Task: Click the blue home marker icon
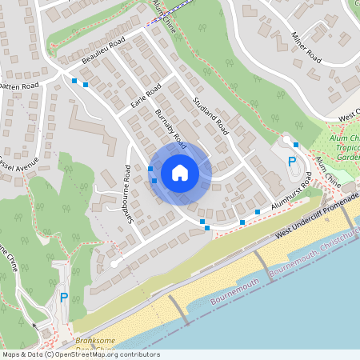[x=180, y=173]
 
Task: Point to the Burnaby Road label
[x=170, y=128]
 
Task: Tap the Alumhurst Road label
[x=290, y=197]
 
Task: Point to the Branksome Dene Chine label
[x=96, y=344]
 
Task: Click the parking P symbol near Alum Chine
[x=292, y=163]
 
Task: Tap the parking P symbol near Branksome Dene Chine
[x=64, y=298]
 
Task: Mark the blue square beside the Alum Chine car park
[x=296, y=144]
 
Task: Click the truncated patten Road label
[x=19, y=85]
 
